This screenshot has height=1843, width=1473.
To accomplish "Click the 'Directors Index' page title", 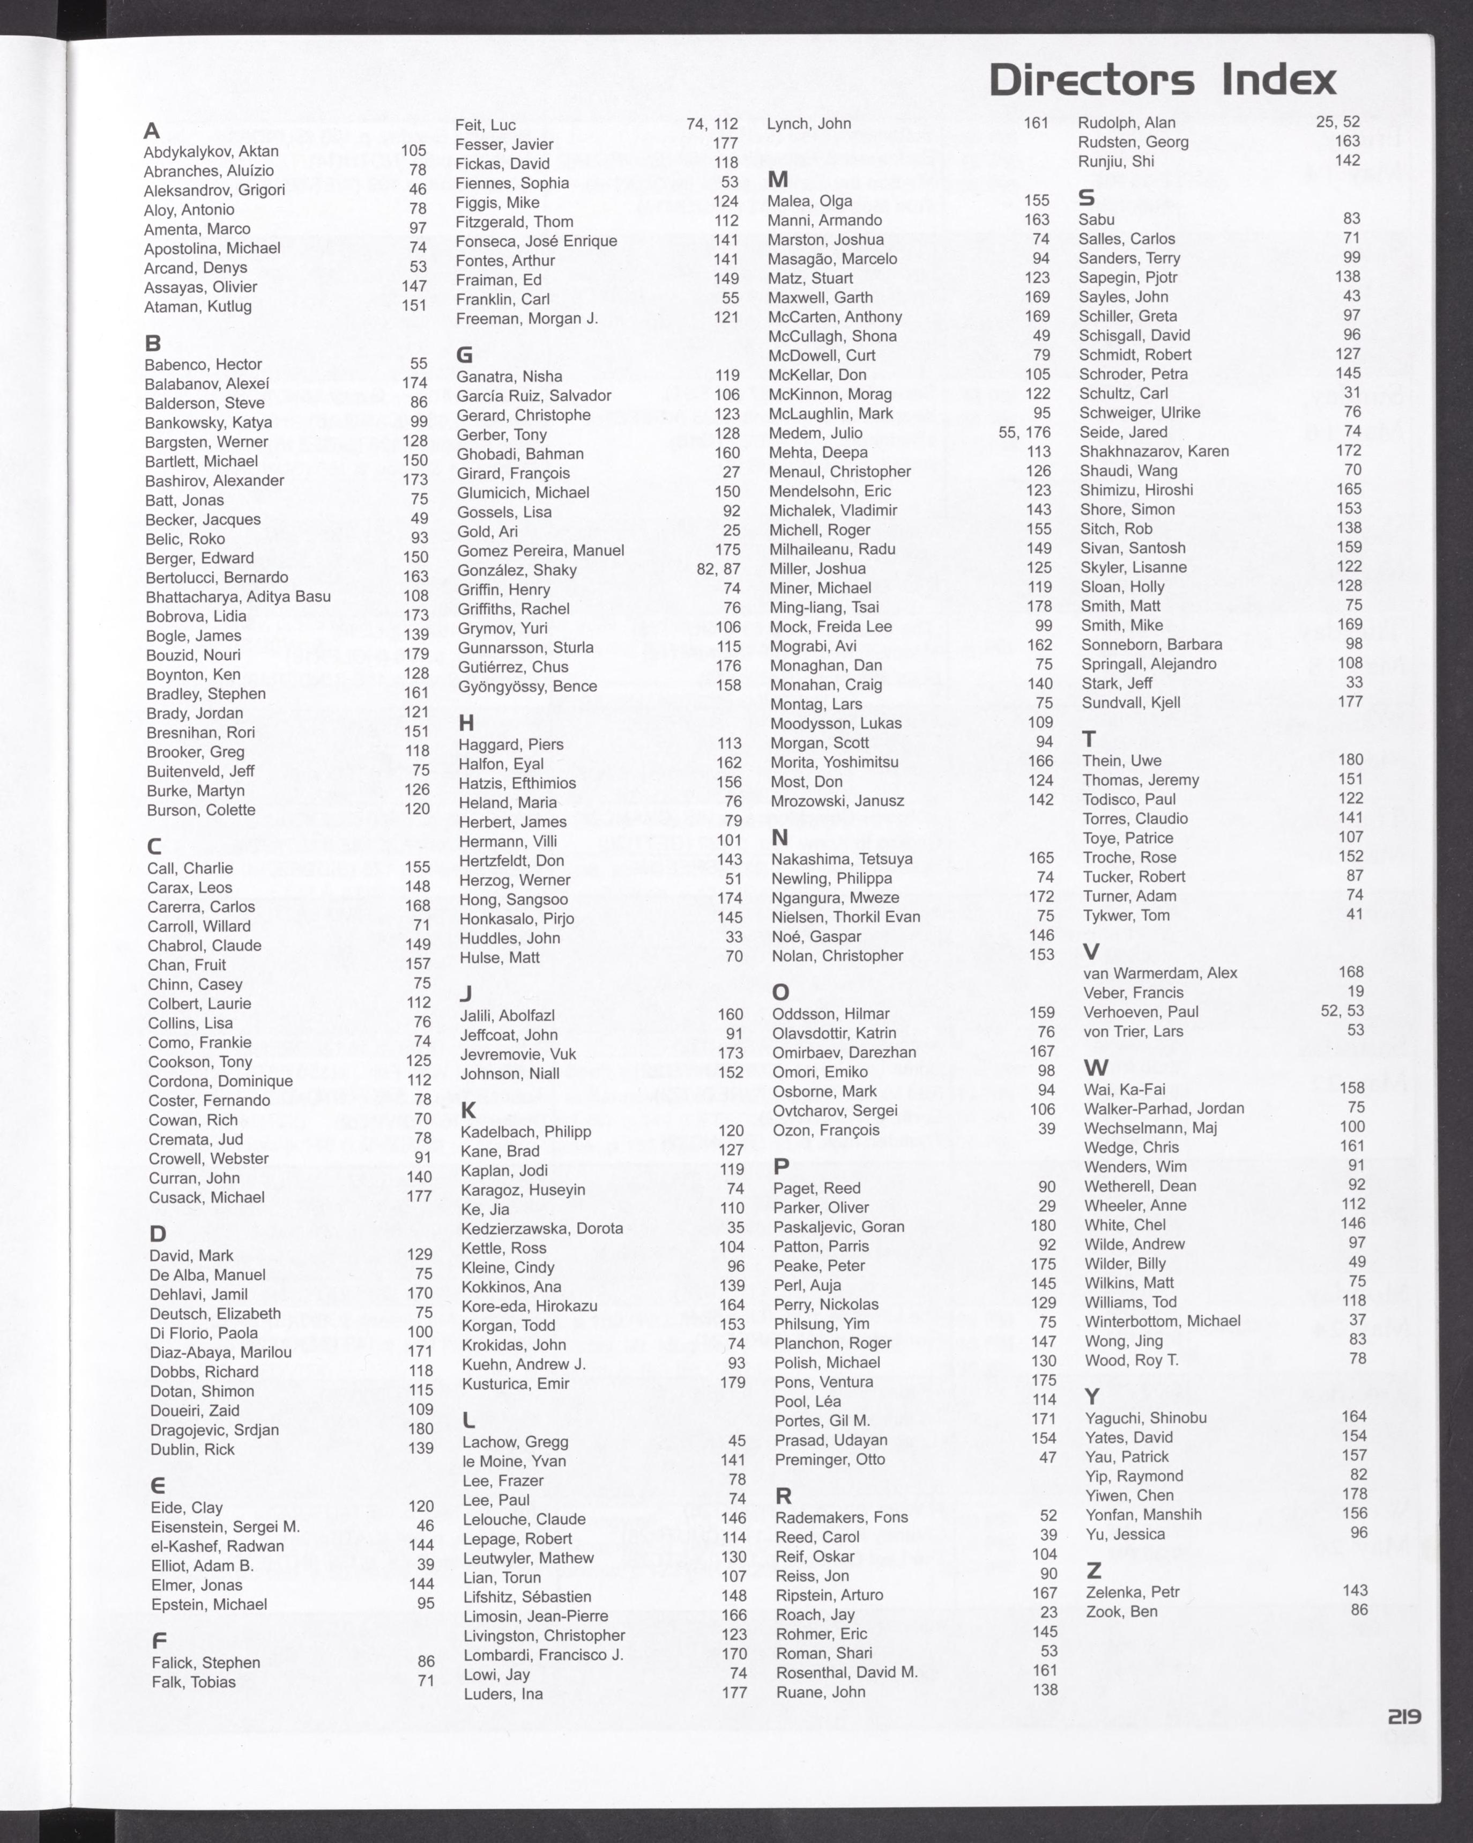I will click(x=1162, y=80).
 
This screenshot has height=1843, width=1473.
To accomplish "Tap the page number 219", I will click(x=1404, y=1716).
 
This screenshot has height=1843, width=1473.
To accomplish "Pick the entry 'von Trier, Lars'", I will click(x=1133, y=1031).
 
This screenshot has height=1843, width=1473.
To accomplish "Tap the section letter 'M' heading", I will click(x=778, y=180).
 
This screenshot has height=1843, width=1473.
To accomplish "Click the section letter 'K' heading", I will click(x=468, y=1110).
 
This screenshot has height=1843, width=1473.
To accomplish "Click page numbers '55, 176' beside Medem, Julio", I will click(x=1024, y=432).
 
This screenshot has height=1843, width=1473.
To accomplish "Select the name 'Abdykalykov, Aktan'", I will click(x=211, y=151).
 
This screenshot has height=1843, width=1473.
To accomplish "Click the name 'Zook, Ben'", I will click(x=1121, y=1611).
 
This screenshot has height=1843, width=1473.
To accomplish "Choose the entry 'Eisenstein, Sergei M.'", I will click(x=226, y=1527).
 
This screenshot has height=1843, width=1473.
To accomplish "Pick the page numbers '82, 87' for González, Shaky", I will click(x=718, y=569).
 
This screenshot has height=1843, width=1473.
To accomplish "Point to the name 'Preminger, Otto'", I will click(x=830, y=1459).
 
